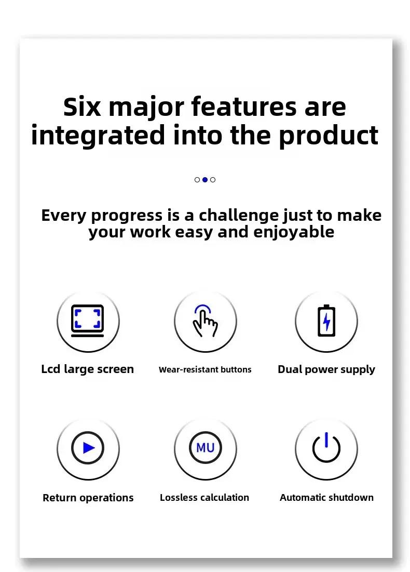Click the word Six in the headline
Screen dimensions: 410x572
(x=81, y=107)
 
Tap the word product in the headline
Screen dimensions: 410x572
(x=329, y=136)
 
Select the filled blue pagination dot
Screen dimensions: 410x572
(x=205, y=179)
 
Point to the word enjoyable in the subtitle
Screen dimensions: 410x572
(x=294, y=232)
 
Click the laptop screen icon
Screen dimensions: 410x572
(x=88, y=321)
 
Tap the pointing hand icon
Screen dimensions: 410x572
(x=205, y=321)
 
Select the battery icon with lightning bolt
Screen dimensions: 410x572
(x=326, y=321)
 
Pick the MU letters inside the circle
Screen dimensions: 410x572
(x=205, y=448)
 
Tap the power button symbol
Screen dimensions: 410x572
(x=326, y=447)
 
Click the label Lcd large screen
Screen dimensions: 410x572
(x=88, y=369)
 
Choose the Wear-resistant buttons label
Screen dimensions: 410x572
(x=205, y=369)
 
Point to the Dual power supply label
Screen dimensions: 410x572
(x=326, y=369)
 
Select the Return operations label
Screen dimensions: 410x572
(x=88, y=498)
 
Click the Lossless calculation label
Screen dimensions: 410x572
(x=204, y=498)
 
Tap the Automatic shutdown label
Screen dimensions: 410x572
(x=326, y=498)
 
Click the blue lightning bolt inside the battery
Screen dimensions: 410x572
(x=326, y=322)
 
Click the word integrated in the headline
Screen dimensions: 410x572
(x=98, y=136)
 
